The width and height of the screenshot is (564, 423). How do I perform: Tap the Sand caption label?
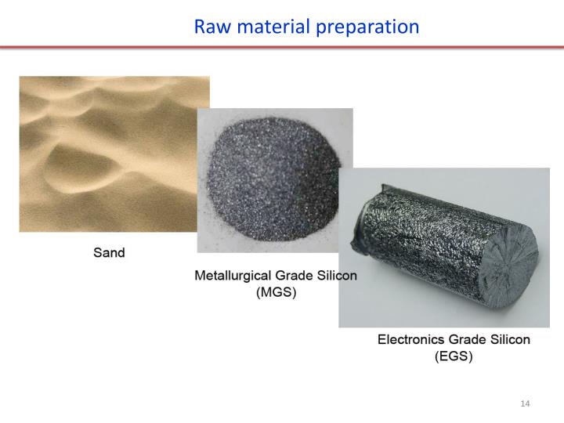[110, 253]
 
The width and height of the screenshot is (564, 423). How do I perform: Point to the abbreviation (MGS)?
[276, 293]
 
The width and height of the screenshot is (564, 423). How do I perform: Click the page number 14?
[525, 403]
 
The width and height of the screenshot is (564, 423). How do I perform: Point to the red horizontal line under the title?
[282, 48]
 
